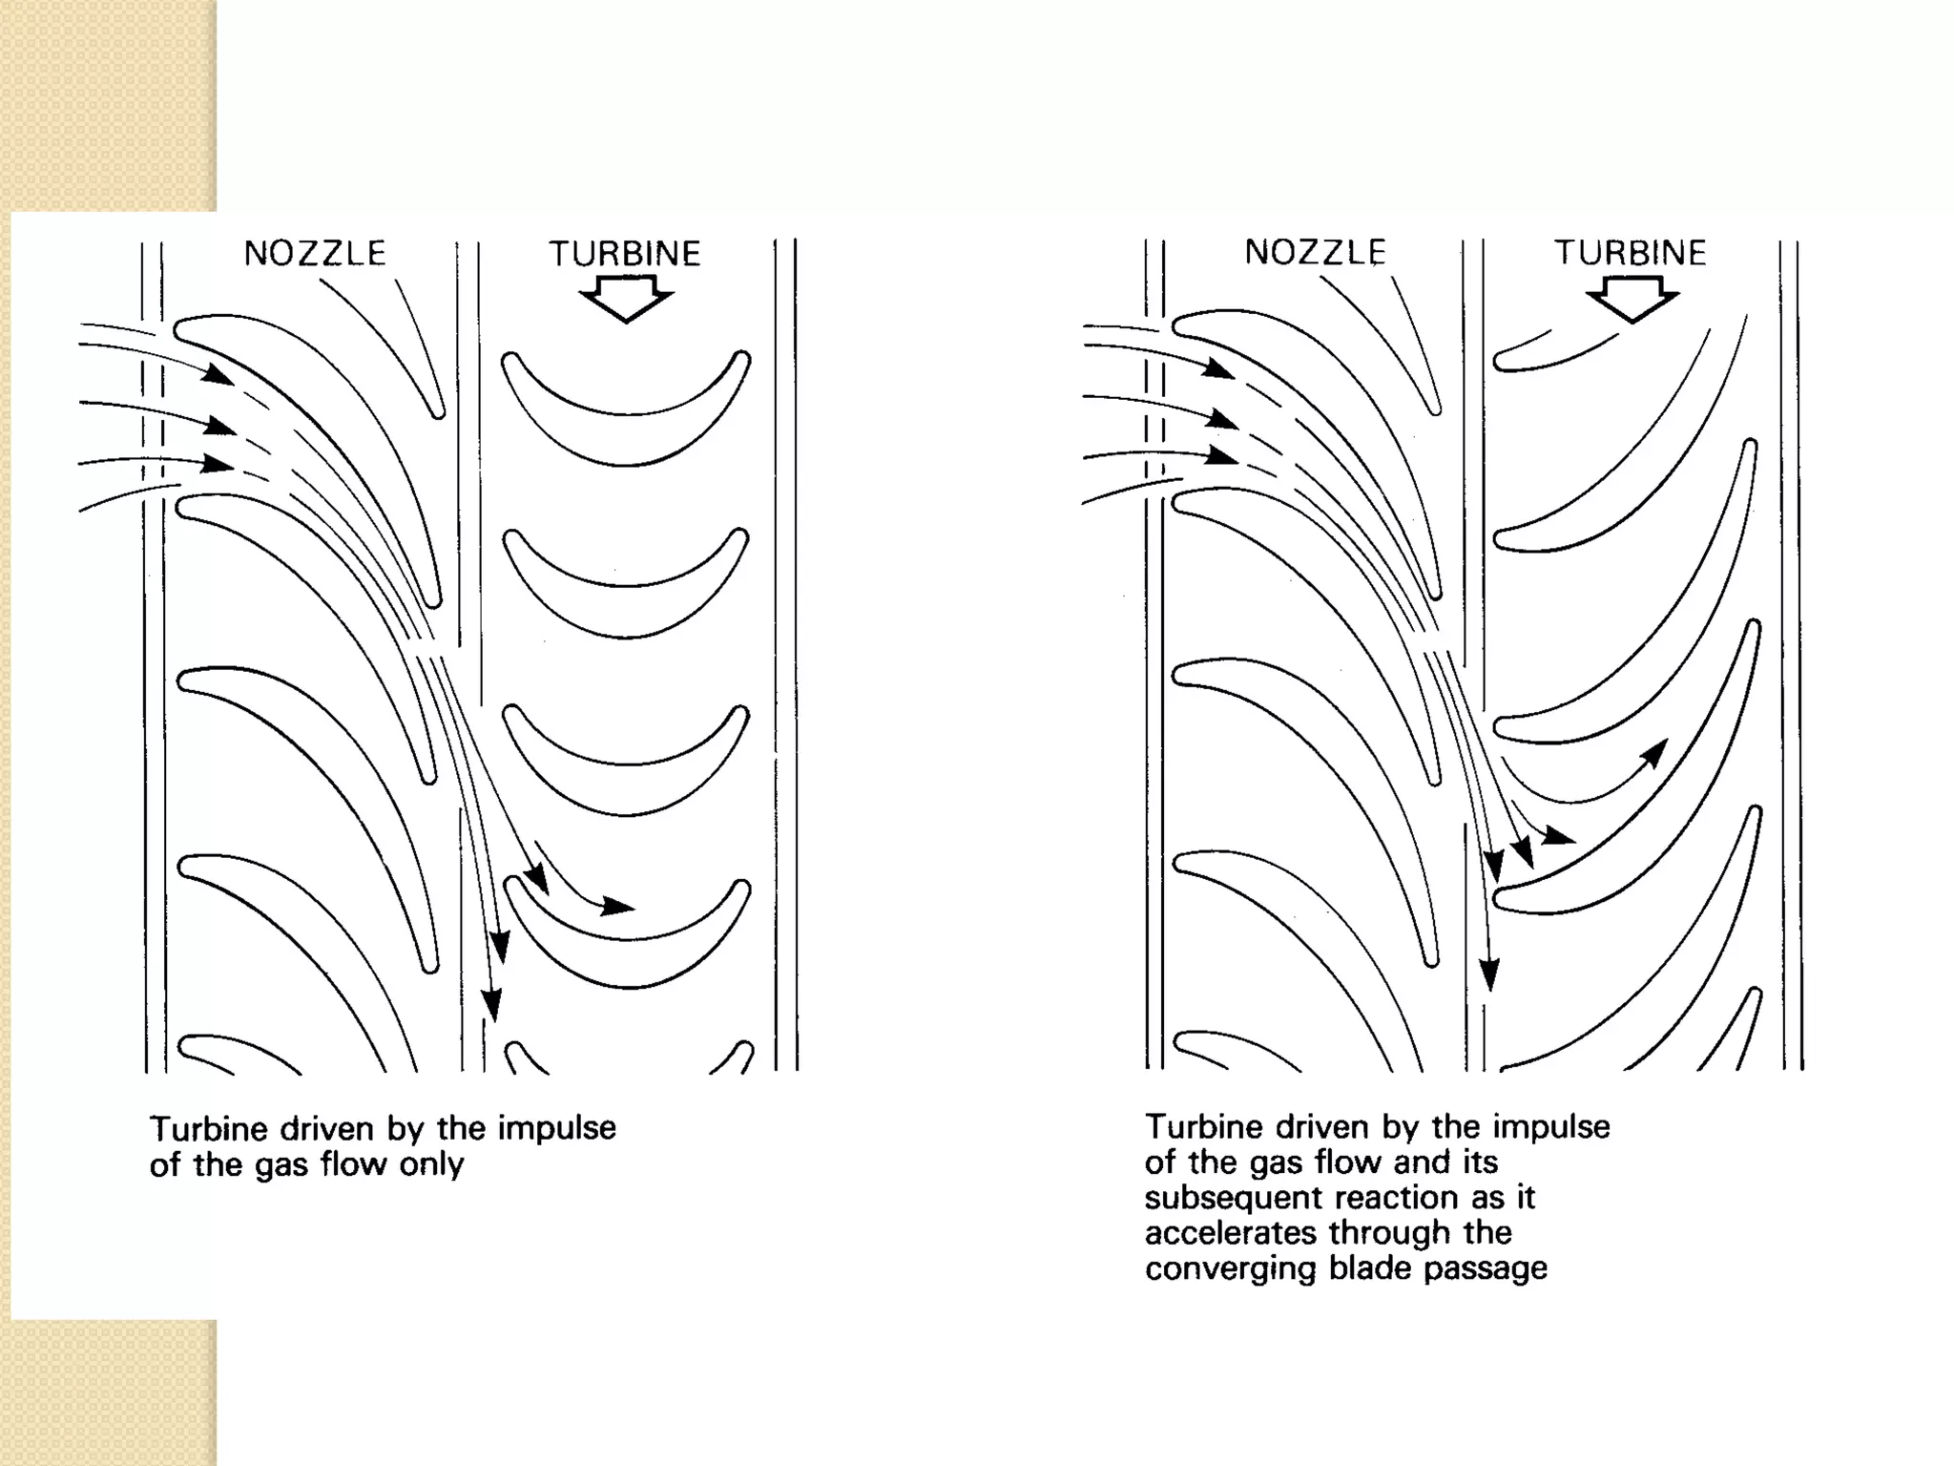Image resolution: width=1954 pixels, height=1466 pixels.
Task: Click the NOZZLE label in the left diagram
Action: coord(315,253)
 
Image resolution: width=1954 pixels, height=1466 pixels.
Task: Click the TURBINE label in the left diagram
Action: coord(625,254)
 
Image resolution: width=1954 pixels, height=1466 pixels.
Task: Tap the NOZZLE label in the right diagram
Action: coord(1315,252)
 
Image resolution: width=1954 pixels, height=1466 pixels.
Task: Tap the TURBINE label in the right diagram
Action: coord(1631,253)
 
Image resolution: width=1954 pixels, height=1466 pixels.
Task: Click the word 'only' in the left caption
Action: coord(431,1165)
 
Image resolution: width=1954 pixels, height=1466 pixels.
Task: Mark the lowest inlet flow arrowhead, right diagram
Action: coord(1221,456)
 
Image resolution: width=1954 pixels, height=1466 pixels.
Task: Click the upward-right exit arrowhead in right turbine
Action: coord(1656,752)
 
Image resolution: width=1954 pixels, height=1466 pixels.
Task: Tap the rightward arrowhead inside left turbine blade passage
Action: coord(618,906)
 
